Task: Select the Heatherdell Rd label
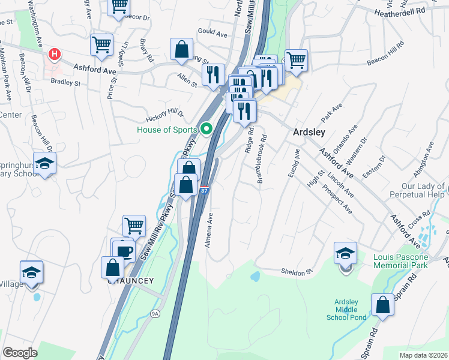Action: pos(399,11)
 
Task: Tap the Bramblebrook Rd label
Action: pos(262,157)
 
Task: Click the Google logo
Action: pos(20,353)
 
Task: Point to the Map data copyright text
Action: pos(424,355)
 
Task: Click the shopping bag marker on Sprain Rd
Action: pos(382,306)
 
